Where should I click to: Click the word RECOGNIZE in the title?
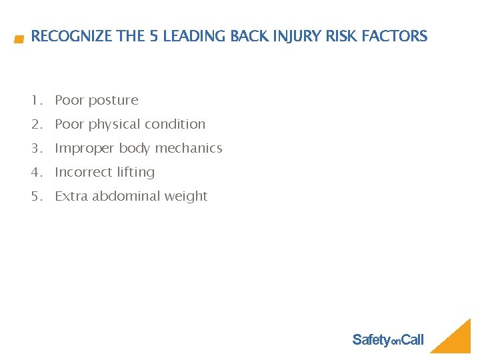tap(72, 37)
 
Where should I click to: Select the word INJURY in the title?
tap(291, 37)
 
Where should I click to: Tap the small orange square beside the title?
tap(19, 40)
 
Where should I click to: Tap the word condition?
tap(175, 125)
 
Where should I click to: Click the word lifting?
tap(136, 173)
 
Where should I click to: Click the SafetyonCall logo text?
tap(387, 340)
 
